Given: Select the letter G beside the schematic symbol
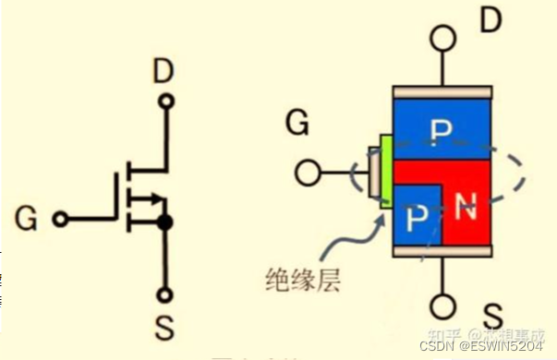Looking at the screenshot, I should tap(28, 220).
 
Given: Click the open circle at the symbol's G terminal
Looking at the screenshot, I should tap(60, 220).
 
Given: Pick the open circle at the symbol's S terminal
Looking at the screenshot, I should tap(165, 296).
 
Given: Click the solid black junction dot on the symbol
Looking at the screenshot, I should tap(165, 222).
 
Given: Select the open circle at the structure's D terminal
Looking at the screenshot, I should tap(442, 40).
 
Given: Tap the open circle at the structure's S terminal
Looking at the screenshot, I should tap(442, 306).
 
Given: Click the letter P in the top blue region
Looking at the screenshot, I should tap(442, 130).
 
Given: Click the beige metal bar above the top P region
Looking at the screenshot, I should tap(441, 93).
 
